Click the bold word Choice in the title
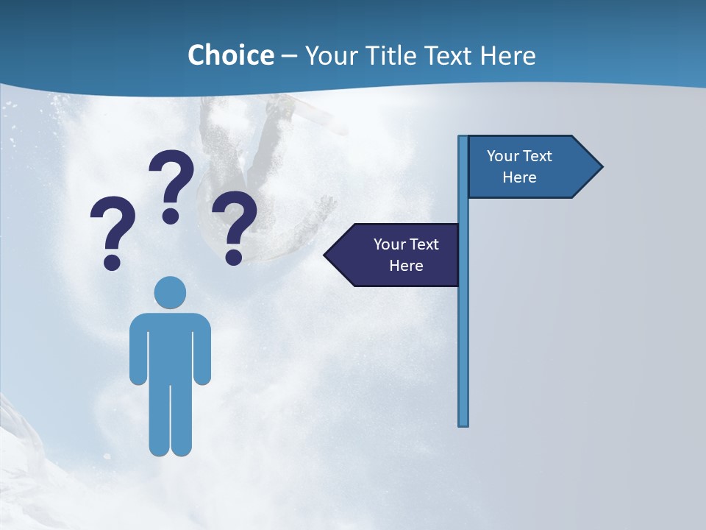click(230, 55)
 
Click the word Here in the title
click(507, 55)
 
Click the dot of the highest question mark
click(171, 216)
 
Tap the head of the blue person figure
click(170, 292)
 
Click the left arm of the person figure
click(138, 350)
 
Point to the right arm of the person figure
click(202, 350)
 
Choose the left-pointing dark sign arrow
click(393, 255)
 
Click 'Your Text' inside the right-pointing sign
click(519, 156)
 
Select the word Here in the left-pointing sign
click(406, 266)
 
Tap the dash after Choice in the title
click(289, 56)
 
